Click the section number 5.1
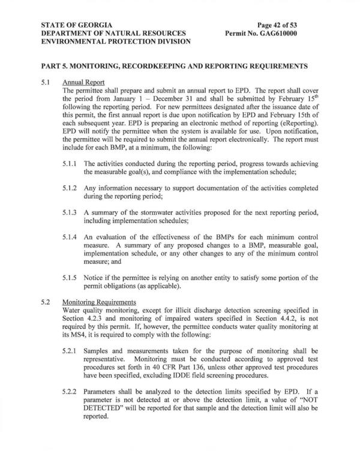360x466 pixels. point(44,82)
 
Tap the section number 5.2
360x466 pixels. point(44,302)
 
